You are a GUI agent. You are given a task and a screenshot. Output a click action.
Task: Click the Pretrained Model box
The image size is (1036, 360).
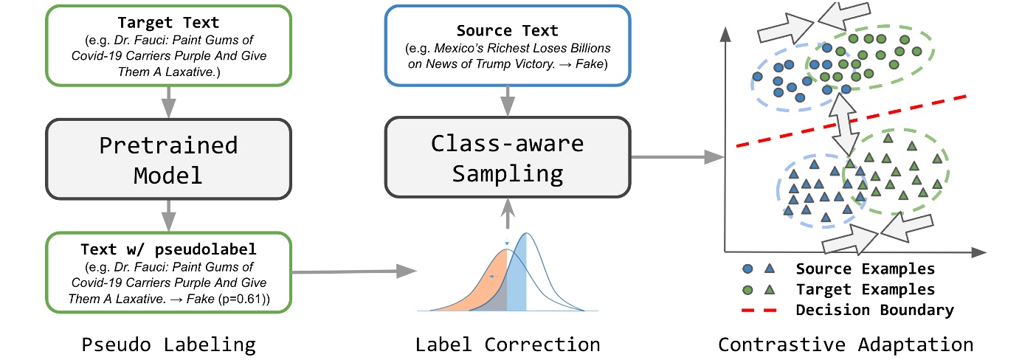[x=168, y=159]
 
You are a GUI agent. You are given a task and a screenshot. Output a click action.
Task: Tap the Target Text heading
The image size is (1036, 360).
[x=169, y=23]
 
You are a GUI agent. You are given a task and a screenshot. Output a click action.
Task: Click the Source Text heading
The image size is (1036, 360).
[x=508, y=30]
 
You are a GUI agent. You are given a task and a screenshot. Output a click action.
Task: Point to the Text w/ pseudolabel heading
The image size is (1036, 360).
[x=169, y=249]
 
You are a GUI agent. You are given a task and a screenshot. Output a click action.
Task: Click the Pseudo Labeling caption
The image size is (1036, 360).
[x=169, y=345]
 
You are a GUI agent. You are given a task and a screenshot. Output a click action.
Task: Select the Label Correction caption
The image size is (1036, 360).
[x=507, y=345]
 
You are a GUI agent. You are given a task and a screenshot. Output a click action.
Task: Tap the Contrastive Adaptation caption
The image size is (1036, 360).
[x=846, y=345]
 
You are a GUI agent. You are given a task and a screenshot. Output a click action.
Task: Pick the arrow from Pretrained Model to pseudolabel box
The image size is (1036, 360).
[x=169, y=216]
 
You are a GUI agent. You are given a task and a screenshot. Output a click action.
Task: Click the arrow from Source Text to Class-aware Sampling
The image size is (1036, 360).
[x=508, y=100]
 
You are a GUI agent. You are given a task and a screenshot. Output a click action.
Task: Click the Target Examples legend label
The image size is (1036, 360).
[x=865, y=289]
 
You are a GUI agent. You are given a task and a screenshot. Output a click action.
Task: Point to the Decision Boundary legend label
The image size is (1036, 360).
[x=874, y=311]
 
